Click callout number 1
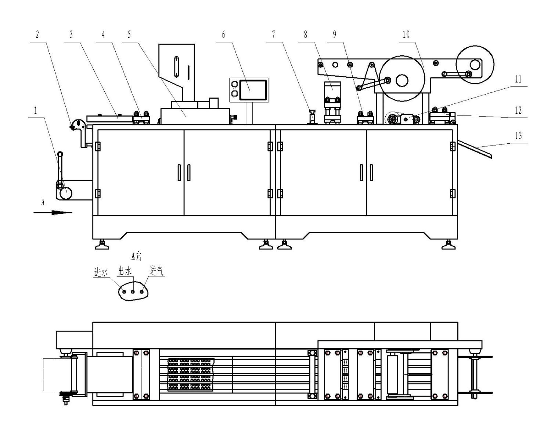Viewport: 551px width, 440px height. pos(36,111)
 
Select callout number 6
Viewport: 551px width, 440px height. pos(223,34)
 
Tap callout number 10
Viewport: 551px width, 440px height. pos(406,34)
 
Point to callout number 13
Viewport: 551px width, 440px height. pos(518,136)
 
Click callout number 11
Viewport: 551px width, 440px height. pos(518,79)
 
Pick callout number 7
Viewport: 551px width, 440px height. pos(273,34)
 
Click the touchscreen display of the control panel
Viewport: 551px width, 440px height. pos(253,90)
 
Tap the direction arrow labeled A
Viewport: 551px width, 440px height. pos(53,212)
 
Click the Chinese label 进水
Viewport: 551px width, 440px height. pos(101,272)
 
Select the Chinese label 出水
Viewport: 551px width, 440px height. pos(125,271)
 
